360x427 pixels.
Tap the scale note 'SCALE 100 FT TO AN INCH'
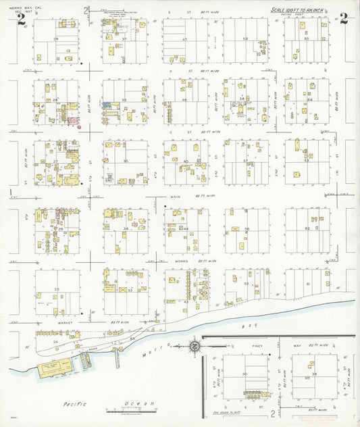pos(302,11)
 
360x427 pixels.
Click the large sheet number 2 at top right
pos(344,19)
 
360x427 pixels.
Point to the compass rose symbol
pos(195,347)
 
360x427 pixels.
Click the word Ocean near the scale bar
pos(139,403)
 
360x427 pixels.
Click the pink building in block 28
pos(70,120)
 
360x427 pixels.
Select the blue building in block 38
pos(107,105)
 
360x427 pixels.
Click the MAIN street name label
pos(177,196)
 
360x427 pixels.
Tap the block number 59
pos(245,39)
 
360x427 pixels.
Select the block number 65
pos(306,39)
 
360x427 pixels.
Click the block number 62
pos(307,229)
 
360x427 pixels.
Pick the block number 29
pos(56,39)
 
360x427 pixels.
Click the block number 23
pos(57,289)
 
